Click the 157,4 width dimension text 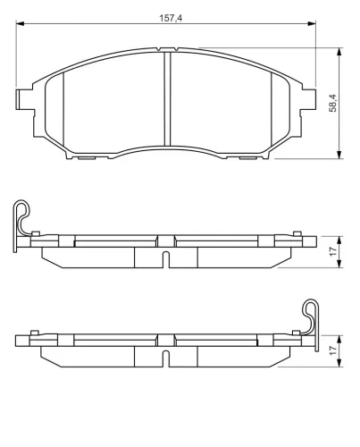point(167,19)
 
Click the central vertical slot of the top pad point(166,98)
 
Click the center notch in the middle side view point(166,259)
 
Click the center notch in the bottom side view point(166,358)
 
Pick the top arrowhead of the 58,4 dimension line point(339,51)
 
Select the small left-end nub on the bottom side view point(33,333)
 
